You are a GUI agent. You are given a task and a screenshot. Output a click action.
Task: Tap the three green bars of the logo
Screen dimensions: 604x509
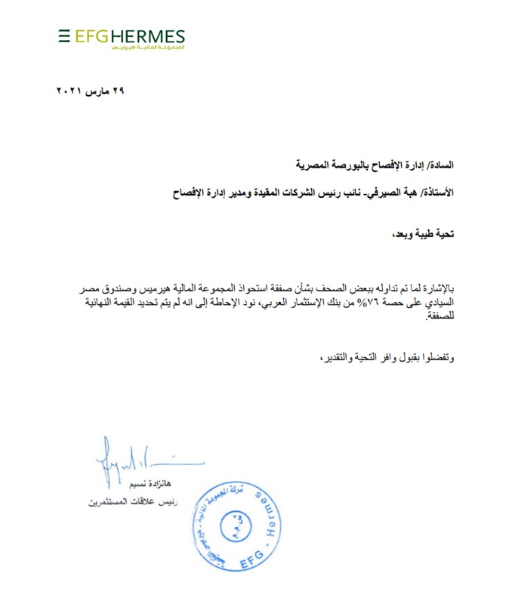pyautogui.click(x=64, y=35)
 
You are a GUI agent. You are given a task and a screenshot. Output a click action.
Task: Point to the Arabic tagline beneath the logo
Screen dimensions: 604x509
pyautogui.click(x=147, y=48)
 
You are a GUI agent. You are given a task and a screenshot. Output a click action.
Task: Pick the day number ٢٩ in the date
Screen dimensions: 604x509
pyautogui.click(x=116, y=91)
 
